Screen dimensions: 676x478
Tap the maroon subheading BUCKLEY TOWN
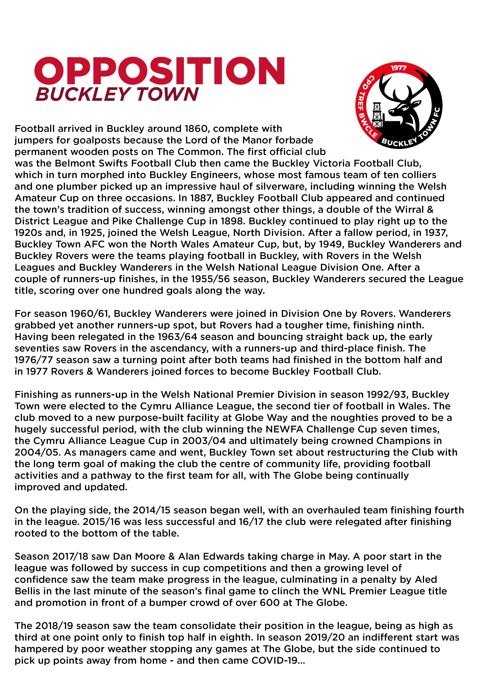coord(117,94)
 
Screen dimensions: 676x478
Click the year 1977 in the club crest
coord(398,68)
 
